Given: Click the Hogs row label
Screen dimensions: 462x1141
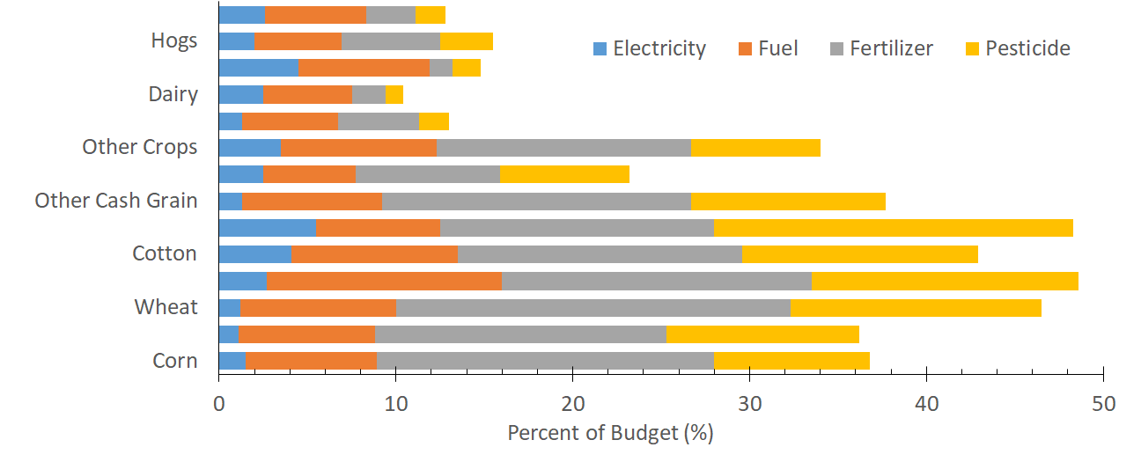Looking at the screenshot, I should pos(173,41).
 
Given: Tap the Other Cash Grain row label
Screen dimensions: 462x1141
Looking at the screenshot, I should pos(115,201).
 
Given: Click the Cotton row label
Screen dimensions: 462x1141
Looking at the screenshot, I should pos(164,254).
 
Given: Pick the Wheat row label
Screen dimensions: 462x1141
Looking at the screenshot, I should pos(166,307).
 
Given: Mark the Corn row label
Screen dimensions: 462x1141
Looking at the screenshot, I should pos(174,361).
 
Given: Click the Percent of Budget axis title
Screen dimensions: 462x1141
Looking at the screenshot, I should pos(610,434).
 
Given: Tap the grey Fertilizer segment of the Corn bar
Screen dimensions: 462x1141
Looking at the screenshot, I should pos(545,361).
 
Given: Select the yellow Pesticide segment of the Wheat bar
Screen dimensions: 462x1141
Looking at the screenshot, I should pos(916,307).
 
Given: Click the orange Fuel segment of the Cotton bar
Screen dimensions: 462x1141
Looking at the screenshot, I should pos(374,254).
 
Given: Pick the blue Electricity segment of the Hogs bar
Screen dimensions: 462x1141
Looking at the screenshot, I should pos(236,41).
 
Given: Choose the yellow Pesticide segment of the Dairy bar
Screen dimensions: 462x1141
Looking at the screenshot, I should pos(394,95).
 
